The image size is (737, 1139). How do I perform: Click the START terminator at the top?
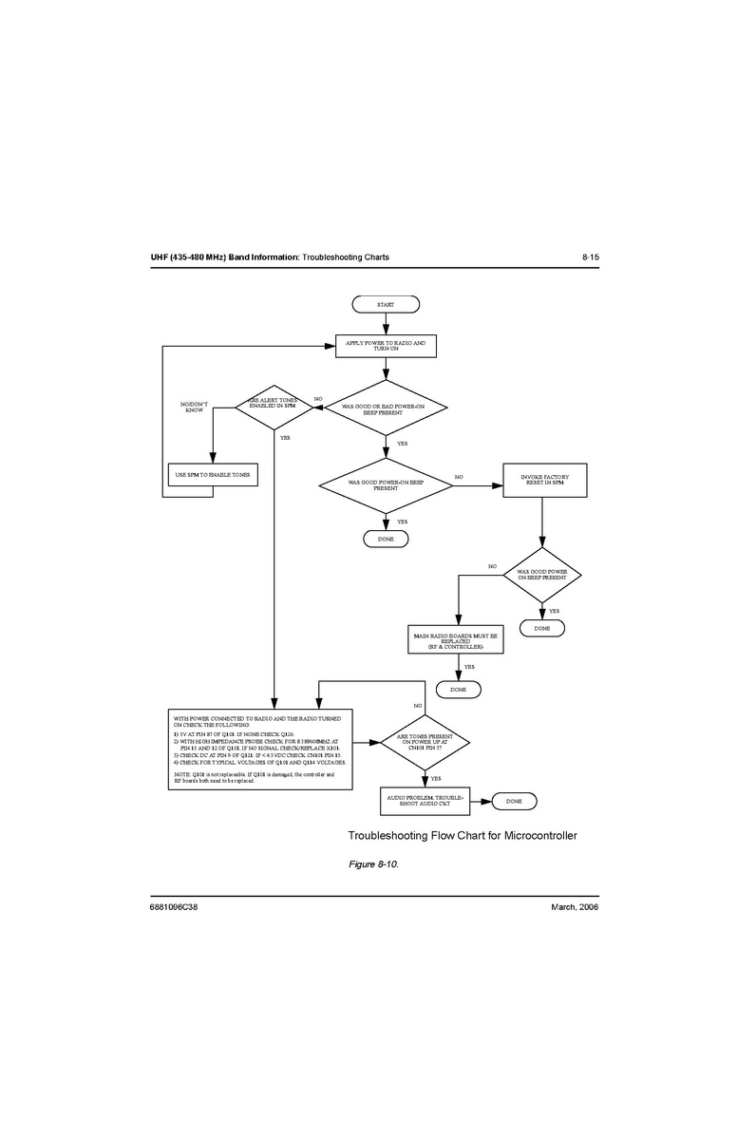coord(385,304)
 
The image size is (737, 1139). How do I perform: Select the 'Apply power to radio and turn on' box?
coord(386,346)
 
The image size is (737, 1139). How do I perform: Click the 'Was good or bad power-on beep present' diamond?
coord(385,410)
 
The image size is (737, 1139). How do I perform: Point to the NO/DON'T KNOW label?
coord(194,407)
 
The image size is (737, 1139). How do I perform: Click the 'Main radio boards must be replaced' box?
coord(455,640)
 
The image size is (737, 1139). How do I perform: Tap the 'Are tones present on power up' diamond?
coord(425,743)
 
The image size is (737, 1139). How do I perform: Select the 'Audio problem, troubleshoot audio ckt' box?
coord(425,801)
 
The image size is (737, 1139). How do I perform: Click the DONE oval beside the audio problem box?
coord(514,802)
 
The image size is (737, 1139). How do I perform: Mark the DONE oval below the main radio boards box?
coord(458,688)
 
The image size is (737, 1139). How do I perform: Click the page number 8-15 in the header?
coord(590,257)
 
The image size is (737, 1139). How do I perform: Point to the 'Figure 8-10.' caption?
coord(373,864)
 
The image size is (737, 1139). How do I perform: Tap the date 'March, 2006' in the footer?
coord(575,907)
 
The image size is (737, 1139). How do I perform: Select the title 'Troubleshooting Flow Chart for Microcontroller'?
coord(463,836)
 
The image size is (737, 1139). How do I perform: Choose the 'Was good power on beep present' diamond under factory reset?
coord(541,575)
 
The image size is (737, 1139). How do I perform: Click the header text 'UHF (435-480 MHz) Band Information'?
coord(224,257)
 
